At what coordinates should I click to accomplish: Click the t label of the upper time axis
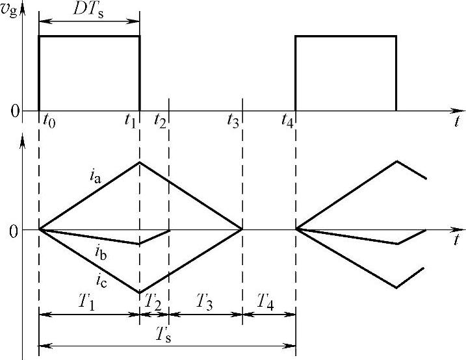coord(458,121)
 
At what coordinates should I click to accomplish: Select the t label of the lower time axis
coord(458,239)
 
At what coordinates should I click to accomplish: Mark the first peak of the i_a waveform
coord(140,162)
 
